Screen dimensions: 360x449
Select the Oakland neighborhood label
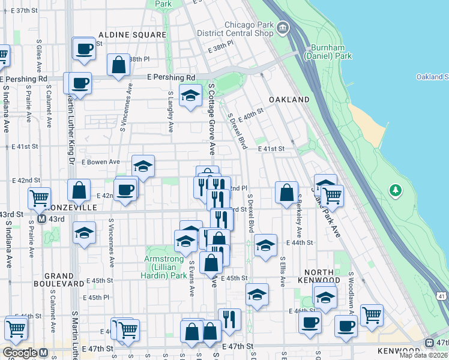(289, 100)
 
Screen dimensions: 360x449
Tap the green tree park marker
(395, 191)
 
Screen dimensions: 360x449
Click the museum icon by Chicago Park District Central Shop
(282, 28)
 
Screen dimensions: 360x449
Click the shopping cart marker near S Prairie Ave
(39, 196)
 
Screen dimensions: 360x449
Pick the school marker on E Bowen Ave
(143, 166)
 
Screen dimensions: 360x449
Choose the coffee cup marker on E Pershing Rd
(80, 82)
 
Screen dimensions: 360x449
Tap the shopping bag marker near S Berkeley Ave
(287, 192)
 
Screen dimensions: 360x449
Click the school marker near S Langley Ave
(190, 95)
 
